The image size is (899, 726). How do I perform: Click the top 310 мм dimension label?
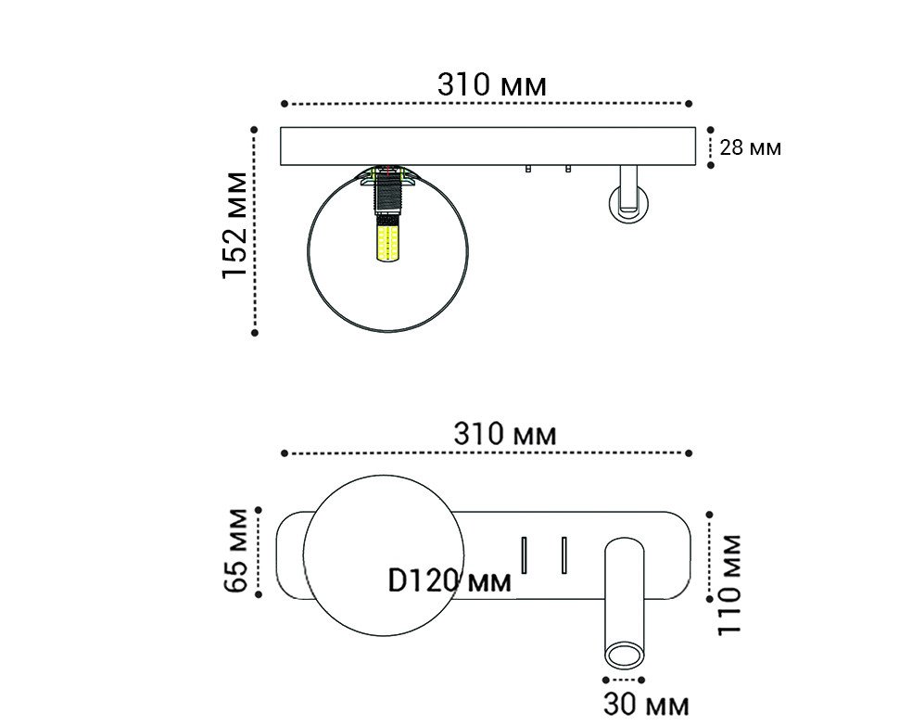pos(491,84)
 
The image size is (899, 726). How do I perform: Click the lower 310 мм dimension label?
pos(505,433)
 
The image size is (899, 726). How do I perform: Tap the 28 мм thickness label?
pos(750,147)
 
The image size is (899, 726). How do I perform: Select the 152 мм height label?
pos(235,225)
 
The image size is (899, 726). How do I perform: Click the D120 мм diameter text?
pos(449,581)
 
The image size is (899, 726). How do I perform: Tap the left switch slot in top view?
pos(523,554)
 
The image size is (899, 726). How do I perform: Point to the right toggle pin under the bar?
pos(567,170)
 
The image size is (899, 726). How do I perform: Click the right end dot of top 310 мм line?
pos(690,104)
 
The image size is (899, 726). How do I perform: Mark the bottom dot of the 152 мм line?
pos(255,331)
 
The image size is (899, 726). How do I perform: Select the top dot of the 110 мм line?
pos(710,512)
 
